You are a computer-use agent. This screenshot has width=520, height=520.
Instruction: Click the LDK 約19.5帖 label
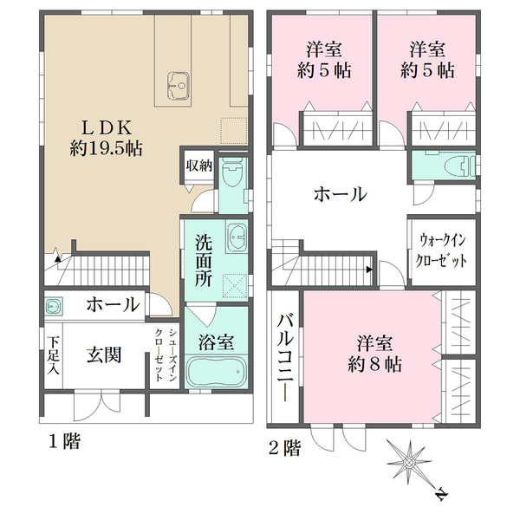tap(107, 136)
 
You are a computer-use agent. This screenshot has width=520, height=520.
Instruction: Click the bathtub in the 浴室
tap(217, 374)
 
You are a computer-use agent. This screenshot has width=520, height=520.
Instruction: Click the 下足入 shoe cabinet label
tap(53, 355)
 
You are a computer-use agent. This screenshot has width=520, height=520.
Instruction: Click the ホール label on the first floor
tap(113, 304)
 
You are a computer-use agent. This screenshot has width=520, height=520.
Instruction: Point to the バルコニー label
tap(284, 354)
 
